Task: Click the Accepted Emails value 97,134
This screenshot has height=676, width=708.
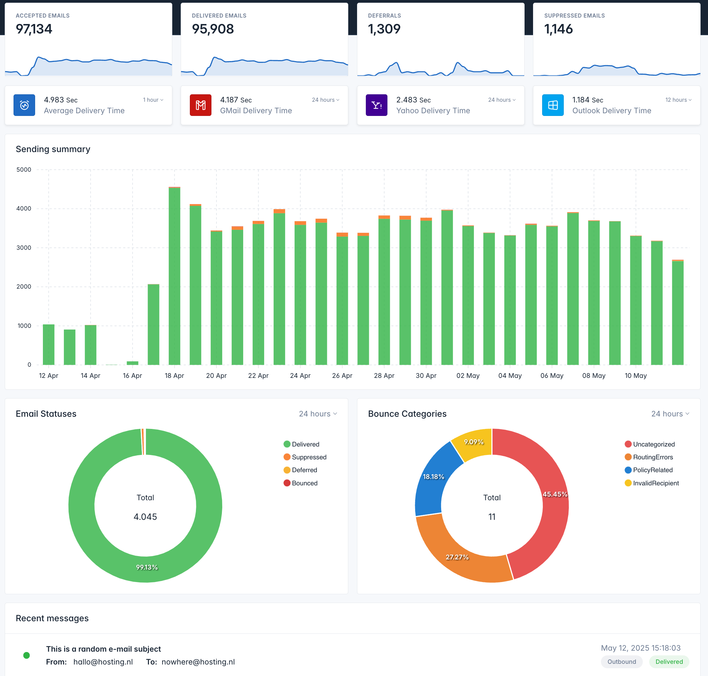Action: point(34,29)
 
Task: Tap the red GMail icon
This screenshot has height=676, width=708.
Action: point(200,105)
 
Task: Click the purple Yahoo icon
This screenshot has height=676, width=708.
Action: point(376,105)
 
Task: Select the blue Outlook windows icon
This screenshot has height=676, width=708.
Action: point(552,105)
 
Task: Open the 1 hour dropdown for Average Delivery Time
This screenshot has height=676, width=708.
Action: point(153,100)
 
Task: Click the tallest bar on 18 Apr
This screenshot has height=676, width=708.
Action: point(174,276)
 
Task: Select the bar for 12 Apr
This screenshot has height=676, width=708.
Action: point(49,344)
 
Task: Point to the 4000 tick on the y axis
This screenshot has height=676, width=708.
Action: point(24,209)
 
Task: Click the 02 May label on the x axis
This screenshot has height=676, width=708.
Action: point(468,376)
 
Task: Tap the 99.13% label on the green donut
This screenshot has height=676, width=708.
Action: point(147,567)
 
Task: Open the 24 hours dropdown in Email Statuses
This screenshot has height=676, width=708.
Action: point(318,414)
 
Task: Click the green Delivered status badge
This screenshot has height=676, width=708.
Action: point(669,661)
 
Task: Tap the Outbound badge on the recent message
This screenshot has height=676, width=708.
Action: point(622,661)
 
